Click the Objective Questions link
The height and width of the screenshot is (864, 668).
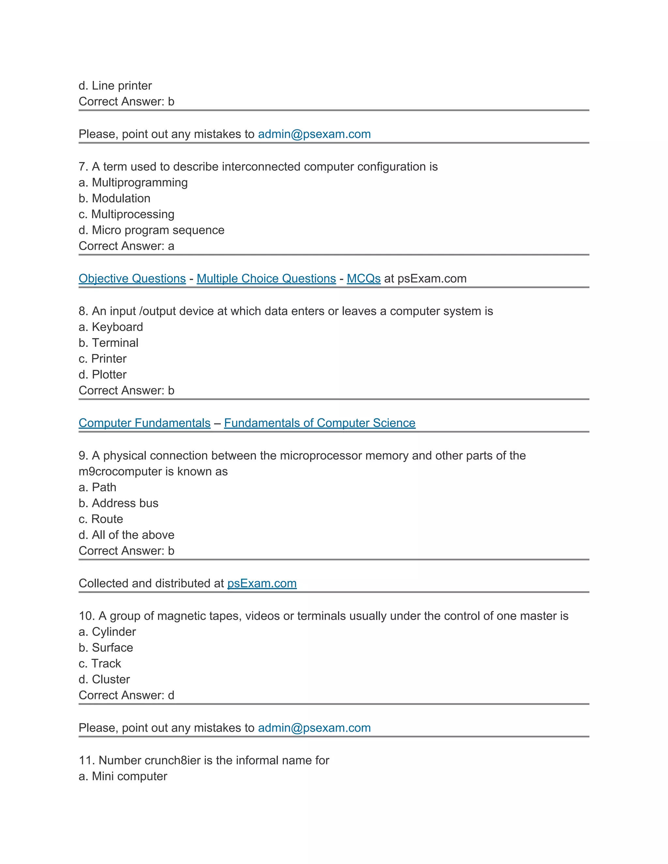pyautogui.click(x=132, y=278)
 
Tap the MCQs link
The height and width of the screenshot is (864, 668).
pyautogui.click(x=363, y=278)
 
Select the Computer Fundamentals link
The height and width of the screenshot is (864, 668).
pyautogui.click(x=144, y=423)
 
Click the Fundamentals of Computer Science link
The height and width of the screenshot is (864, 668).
pyautogui.click(x=319, y=423)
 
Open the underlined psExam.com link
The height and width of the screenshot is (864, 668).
pyautogui.click(x=262, y=583)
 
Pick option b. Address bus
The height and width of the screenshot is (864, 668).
pyautogui.click(x=118, y=503)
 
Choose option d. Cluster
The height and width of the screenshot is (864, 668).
pyautogui.click(x=104, y=679)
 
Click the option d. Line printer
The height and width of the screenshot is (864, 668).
pyautogui.click(x=115, y=85)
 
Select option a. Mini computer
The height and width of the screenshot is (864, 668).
pyautogui.click(x=123, y=776)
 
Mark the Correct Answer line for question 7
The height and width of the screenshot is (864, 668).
pyautogui.click(x=126, y=246)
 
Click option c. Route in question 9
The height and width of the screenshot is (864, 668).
pyautogui.click(x=100, y=519)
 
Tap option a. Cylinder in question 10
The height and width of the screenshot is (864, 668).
pyautogui.click(x=107, y=632)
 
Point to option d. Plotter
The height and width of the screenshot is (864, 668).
pyautogui.click(x=102, y=374)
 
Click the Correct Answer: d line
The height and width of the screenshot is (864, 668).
pyautogui.click(x=126, y=695)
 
